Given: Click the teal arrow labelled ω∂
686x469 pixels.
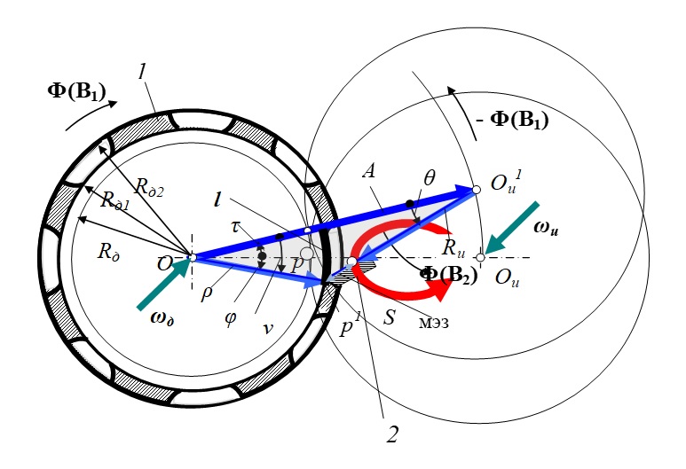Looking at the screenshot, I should tap(162, 286).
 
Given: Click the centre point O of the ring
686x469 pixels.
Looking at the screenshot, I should tap(192, 258).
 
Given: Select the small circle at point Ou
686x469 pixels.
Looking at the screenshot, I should tap(481, 257).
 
